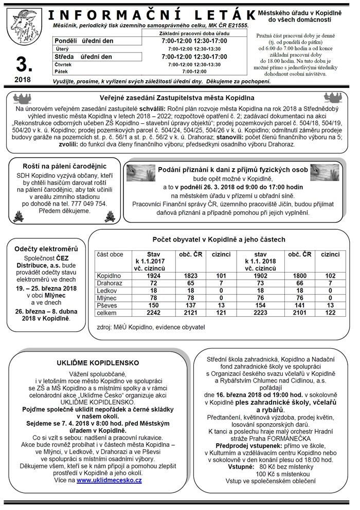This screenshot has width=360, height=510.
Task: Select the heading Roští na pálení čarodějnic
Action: coord(64,166)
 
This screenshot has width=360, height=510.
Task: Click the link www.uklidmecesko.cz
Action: coord(109,480)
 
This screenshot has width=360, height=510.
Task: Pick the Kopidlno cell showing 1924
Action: coord(153,276)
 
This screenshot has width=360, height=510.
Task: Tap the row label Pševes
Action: coord(107,305)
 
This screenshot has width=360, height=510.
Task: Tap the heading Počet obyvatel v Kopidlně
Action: coord(219,239)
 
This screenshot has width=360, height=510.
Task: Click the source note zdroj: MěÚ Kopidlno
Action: coord(151,327)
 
